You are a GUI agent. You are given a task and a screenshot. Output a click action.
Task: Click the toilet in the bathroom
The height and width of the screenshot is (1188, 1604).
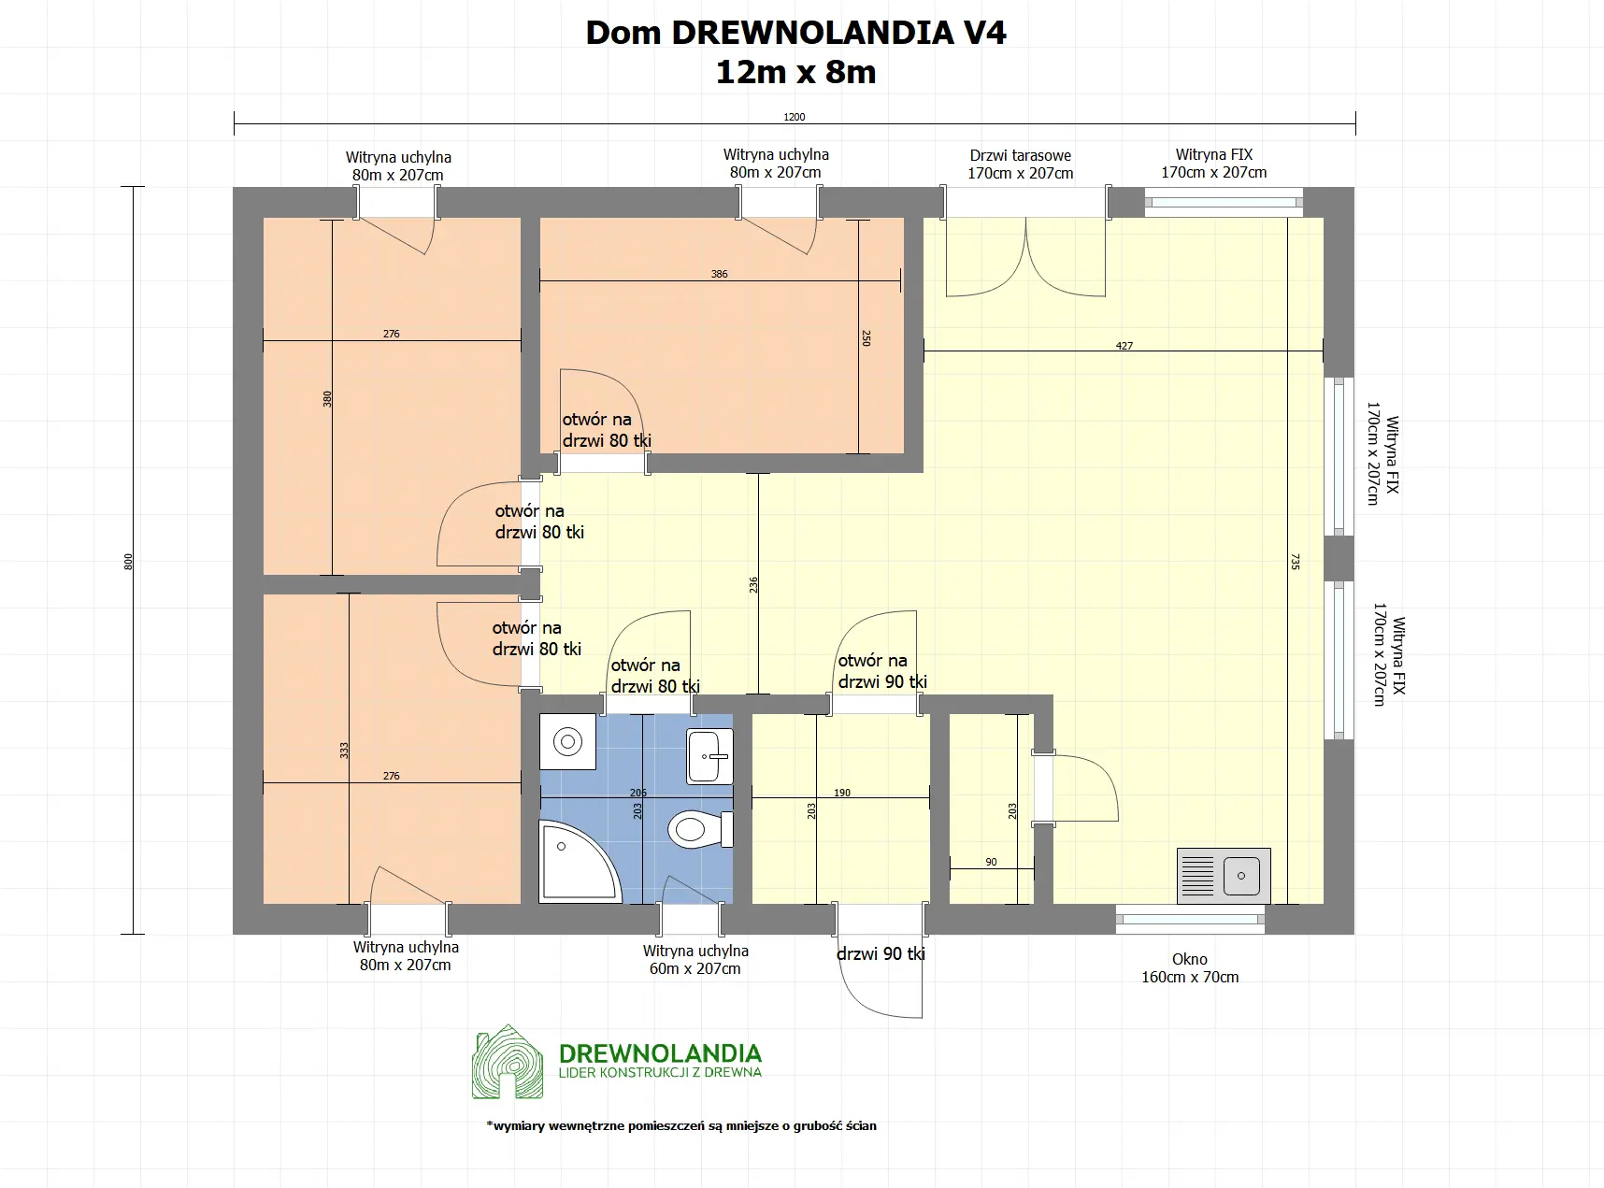pos(699,829)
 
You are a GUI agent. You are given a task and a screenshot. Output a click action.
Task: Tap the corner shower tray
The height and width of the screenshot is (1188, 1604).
pos(575,865)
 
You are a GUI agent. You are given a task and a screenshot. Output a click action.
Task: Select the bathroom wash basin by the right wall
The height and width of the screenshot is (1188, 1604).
pos(709,756)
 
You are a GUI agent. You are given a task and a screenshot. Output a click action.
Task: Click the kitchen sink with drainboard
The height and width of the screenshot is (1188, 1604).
pos(1223,876)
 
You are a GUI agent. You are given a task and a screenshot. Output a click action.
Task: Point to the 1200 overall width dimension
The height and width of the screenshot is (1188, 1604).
pos(794,118)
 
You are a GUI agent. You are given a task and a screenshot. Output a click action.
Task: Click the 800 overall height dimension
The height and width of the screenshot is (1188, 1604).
pos(129,562)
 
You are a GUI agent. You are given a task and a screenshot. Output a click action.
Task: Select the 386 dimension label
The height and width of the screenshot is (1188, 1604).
pos(719,274)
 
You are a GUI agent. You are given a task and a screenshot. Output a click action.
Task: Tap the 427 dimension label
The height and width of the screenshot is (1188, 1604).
pos(1124,346)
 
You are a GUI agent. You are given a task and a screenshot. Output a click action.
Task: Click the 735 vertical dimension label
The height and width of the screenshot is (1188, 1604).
pos(1295,562)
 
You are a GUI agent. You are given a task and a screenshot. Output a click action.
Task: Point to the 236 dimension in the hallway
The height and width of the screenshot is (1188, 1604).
pos(753,585)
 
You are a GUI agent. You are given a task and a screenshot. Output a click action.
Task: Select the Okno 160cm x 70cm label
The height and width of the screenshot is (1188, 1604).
pos(1189,968)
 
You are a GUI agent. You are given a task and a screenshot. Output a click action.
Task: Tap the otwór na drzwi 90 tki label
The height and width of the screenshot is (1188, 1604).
pos(881,671)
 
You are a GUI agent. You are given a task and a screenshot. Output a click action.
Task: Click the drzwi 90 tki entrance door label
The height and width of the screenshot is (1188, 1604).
pos(881,953)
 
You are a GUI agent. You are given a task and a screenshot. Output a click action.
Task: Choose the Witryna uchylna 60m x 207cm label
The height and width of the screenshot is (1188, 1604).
pos(695,960)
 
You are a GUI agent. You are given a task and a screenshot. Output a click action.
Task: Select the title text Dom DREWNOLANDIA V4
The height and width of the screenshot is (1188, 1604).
pos(795,33)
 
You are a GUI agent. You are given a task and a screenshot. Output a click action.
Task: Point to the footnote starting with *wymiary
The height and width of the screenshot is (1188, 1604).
pos(681,1125)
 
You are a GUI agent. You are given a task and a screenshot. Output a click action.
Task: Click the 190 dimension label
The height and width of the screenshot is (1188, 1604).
pos(842,793)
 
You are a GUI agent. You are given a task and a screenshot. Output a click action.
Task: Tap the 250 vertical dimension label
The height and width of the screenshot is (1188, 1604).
pos(866,337)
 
